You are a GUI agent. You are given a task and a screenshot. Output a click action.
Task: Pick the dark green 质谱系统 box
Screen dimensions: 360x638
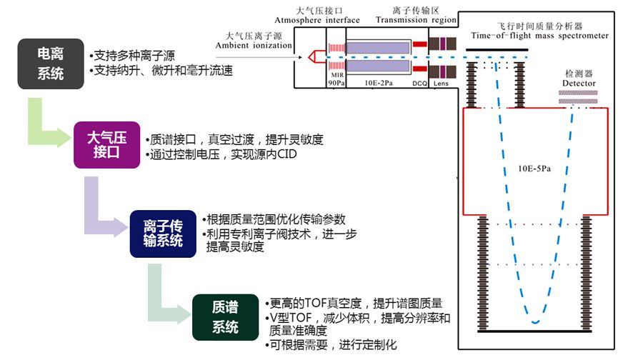225,317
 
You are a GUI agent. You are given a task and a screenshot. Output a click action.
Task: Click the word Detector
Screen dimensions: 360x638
578,84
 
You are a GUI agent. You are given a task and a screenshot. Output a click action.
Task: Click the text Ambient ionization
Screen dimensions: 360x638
254,45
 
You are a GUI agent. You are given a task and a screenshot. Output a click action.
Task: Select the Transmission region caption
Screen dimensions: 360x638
411,20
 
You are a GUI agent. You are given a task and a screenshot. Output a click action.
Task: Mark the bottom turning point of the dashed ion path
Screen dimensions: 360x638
533,323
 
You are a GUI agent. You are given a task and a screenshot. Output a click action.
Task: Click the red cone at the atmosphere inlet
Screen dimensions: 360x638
313,56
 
